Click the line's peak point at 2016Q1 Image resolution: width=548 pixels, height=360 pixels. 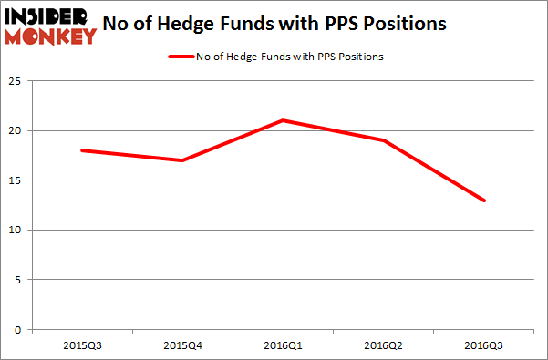[x=284, y=120]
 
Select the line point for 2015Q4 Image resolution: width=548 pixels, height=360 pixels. [x=182, y=160]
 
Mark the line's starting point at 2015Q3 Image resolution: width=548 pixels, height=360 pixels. [x=82, y=150]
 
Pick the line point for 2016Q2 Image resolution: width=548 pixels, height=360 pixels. [x=384, y=140]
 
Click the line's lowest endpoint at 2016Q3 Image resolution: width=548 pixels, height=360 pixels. [x=484, y=201]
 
